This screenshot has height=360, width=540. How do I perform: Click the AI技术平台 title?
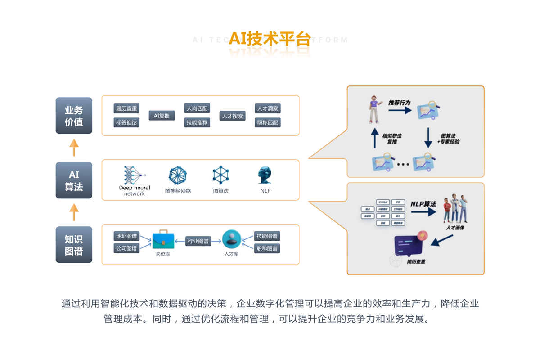tap(270, 39)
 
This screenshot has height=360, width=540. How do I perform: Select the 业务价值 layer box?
tap(74, 116)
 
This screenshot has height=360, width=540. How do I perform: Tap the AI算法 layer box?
tap(74, 180)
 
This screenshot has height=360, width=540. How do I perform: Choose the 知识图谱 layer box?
tap(74, 245)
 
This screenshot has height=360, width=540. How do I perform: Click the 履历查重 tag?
tap(126, 108)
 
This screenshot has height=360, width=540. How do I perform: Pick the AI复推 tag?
tap(162, 116)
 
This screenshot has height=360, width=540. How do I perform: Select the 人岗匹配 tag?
tap(197, 108)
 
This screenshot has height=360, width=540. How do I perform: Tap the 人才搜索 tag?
tap(232, 116)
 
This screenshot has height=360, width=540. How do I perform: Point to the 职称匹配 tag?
tap(267, 122)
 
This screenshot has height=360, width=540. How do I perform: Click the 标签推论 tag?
tap(126, 122)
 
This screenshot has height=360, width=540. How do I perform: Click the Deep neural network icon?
tap(135, 175)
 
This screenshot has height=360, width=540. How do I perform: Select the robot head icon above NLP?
tap(265, 175)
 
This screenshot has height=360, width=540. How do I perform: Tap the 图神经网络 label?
tap(178, 191)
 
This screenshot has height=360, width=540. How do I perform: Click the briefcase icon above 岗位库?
tap(162, 240)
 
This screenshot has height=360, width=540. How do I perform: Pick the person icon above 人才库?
tap(231, 239)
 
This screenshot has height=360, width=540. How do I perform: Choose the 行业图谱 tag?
tap(198, 242)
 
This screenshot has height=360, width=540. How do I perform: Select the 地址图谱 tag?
tap(126, 236)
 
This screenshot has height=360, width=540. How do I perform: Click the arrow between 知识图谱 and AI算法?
tap(74, 212)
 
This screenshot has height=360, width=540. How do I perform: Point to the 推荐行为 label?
tap(399, 103)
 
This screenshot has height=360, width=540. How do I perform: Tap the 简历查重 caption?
tap(416, 262)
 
